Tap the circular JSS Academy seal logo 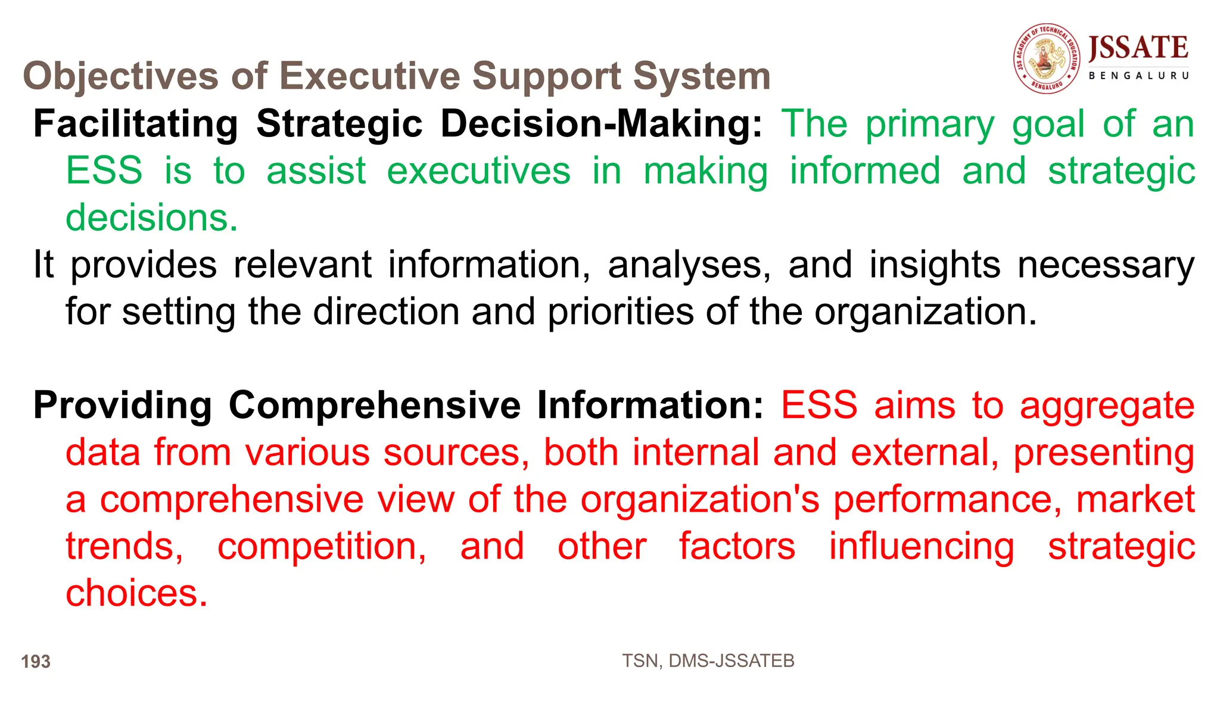pos(1046,58)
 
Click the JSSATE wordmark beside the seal pos(1138,48)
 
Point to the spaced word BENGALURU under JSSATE pos(1138,76)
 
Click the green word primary pos(930,124)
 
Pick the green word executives pos(478,171)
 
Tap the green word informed pos(865,171)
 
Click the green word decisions pos(151,218)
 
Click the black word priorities pos(620,311)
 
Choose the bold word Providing pos(123,406)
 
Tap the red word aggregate pos(1107,406)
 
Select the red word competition pos(322,546)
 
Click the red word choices pos(136,593)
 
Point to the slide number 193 pos(36,662)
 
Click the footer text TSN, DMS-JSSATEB pos(708,661)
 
